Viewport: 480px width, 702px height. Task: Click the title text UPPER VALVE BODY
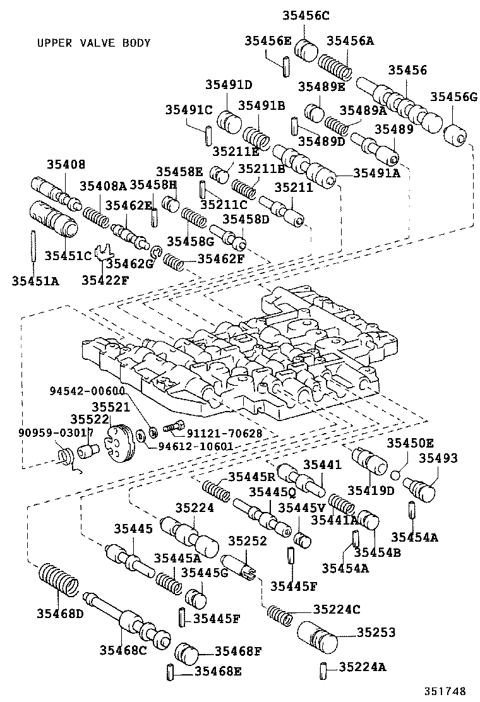(x=93, y=43)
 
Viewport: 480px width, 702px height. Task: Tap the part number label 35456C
(x=308, y=16)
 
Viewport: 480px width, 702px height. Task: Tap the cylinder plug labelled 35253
(x=317, y=637)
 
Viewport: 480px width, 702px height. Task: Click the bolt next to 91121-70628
(x=173, y=427)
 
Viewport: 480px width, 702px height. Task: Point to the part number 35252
(x=248, y=541)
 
